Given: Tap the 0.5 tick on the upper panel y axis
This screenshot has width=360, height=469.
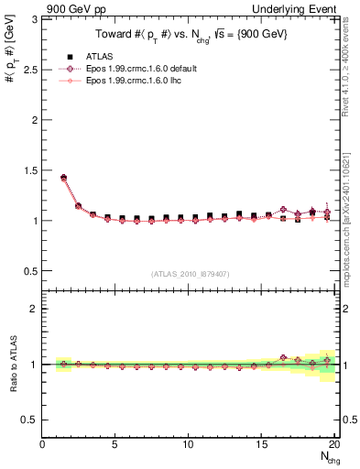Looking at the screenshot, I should [x=30, y=271].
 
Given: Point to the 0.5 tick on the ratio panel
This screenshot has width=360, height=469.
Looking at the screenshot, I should [x=30, y=420].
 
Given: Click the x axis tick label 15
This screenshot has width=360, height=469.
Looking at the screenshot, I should [x=261, y=444].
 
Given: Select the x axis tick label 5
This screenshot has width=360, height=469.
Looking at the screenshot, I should [x=115, y=444].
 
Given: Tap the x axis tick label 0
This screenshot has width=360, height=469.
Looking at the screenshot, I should [x=43, y=444].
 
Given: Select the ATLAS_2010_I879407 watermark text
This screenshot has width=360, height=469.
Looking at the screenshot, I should [x=190, y=273].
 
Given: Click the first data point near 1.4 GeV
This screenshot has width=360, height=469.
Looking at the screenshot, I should [x=63, y=178].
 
